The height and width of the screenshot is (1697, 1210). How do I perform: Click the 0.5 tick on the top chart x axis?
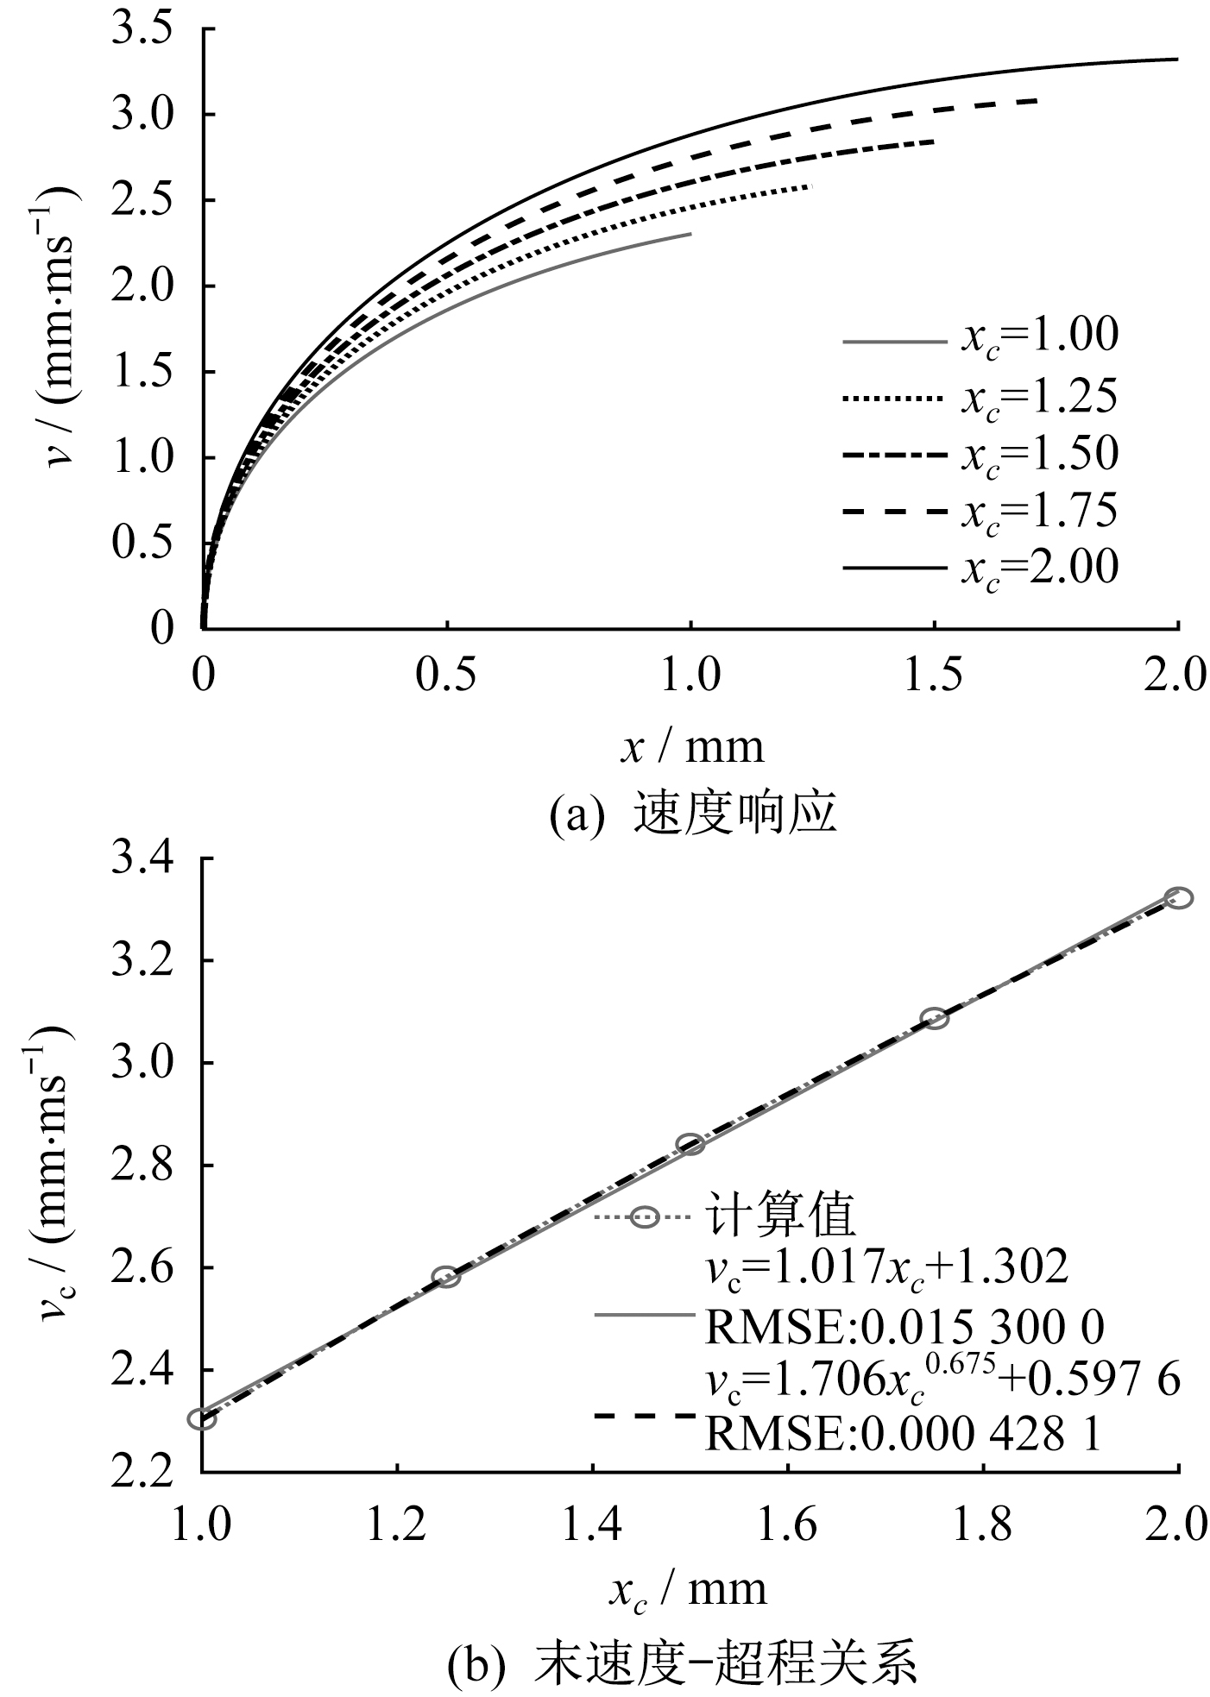[x=446, y=677]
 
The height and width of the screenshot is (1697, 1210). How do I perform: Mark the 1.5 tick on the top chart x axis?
[x=935, y=677]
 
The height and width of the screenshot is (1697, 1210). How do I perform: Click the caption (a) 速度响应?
[x=693, y=814]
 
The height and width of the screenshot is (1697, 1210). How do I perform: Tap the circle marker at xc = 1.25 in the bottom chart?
[x=445, y=1277]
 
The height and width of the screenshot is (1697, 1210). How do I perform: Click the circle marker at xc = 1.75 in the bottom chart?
[x=935, y=1018]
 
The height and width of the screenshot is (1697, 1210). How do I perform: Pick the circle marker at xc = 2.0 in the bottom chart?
[x=1178, y=897]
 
